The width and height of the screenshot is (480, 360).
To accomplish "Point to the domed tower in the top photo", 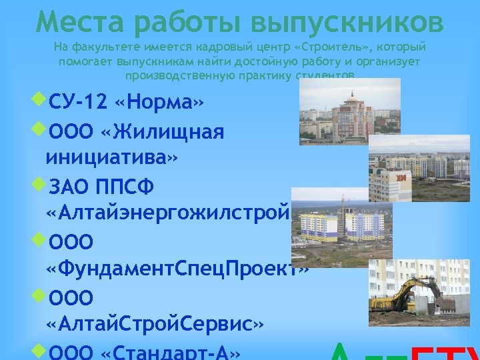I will [x=351, y=110].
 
